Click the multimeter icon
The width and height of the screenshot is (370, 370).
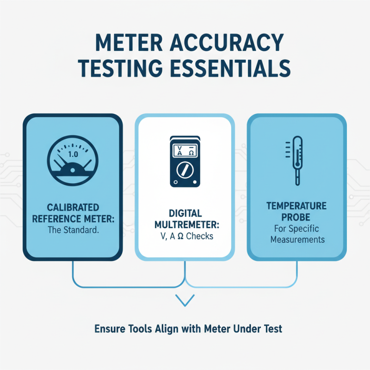tap(185, 161)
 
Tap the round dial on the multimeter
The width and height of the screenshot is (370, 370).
tap(185, 170)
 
